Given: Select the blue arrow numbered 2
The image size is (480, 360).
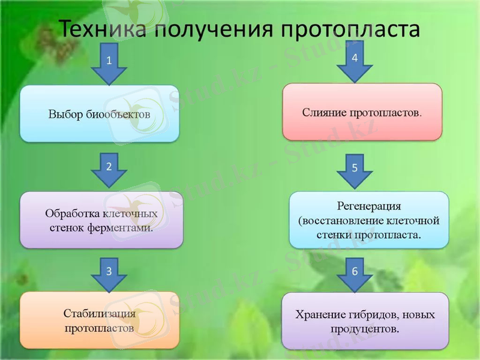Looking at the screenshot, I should point(109,170).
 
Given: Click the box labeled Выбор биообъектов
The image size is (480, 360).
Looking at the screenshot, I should point(99,113).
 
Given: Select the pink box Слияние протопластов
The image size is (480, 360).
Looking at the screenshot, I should point(362,112).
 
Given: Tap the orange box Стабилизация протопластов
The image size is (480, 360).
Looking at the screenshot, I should point(99,320).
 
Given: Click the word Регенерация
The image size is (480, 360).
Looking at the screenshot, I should point(368,206).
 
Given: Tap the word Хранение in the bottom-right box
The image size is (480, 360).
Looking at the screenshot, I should point(321,314).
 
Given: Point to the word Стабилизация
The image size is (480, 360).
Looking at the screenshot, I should point(99,313).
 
